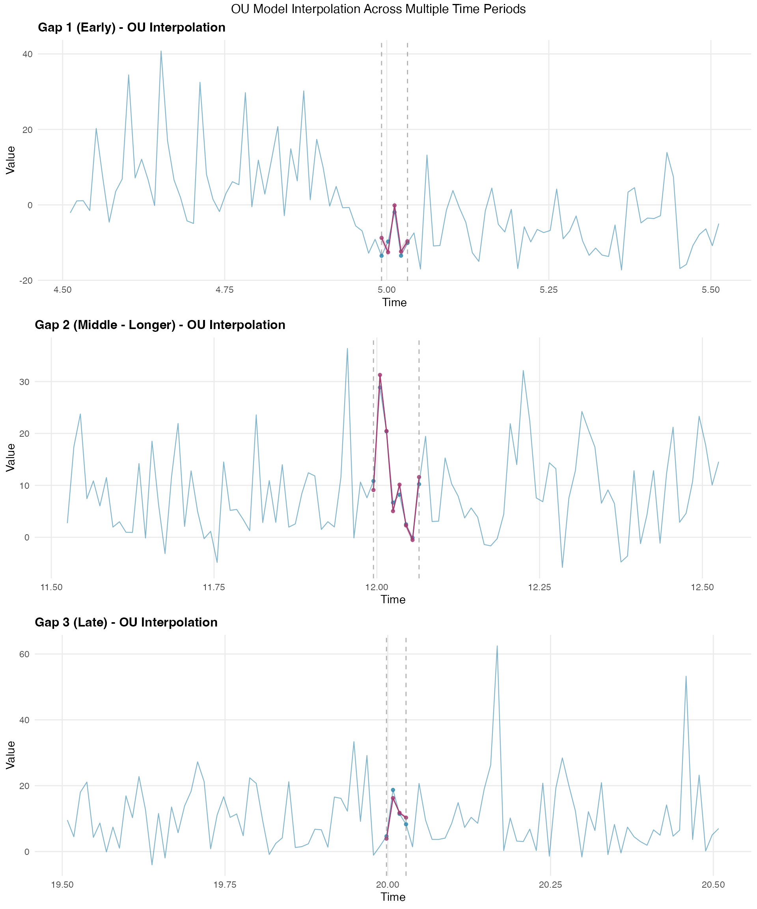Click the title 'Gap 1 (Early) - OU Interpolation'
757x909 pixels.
coord(132,27)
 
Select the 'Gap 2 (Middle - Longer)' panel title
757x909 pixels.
coord(160,325)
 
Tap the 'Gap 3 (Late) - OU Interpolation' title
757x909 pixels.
coord(126,622)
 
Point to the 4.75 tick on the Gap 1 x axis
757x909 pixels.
coord(224,290)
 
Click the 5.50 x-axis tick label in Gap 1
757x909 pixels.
coord(710,290)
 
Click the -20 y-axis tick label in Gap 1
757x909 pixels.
coord(26,281)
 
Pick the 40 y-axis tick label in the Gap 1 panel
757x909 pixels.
coord(28,54)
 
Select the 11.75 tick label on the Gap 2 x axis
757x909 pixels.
coord(214,587)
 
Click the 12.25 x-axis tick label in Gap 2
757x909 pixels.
coord(539,587)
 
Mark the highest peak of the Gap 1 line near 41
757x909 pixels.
coord(161,51)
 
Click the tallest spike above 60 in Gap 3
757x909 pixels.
coord(497,646)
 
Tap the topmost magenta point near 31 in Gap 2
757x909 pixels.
coord(380,375)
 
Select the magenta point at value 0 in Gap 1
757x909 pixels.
coord(395,206)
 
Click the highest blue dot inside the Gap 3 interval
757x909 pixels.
coord(393,790)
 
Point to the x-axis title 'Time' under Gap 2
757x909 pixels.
coord(393,600)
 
